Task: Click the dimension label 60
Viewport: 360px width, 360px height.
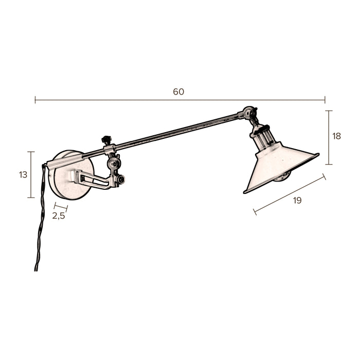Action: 178,92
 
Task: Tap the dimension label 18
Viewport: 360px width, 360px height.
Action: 337,136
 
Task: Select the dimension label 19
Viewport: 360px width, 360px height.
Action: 297,201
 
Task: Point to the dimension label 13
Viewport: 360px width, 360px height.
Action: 23,175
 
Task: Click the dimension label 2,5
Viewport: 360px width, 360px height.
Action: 59,216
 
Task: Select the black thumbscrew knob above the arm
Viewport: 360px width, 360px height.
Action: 107,140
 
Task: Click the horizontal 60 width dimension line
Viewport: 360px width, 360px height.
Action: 180,100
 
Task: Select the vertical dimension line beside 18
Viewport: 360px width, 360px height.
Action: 329,137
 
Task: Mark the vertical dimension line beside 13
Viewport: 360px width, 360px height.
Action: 31,174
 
